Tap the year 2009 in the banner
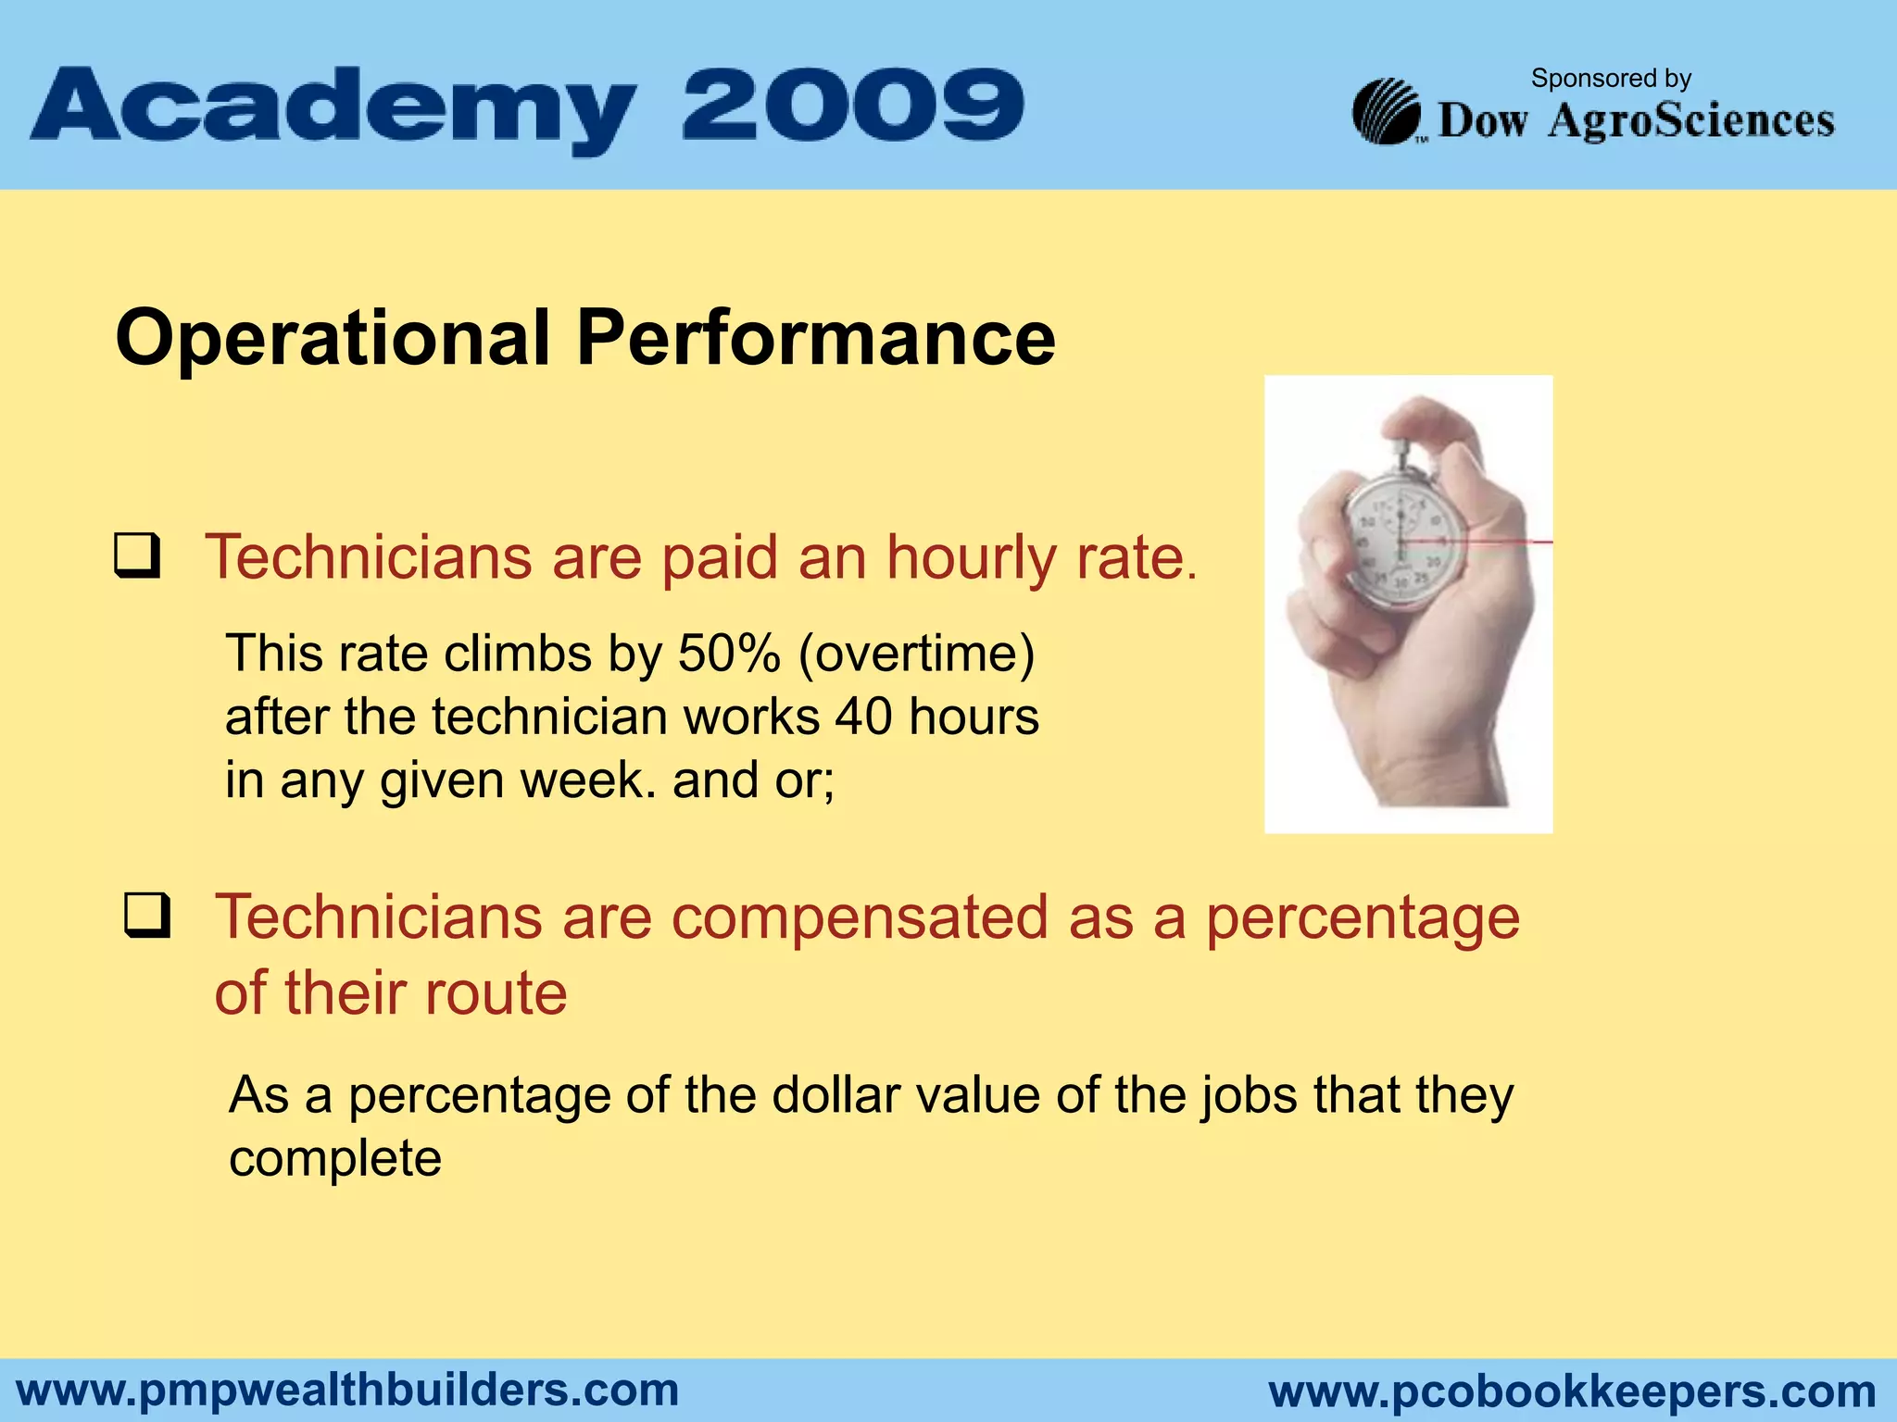[x=852, y=104]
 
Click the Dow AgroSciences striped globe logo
[x=1387, y=112]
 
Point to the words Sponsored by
[x=1611, y=79]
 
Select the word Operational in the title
[x=333, y=339]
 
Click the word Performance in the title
[x=815, y=339]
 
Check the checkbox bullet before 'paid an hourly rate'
[x=137, y=555]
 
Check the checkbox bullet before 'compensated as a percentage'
[x=147, y=915]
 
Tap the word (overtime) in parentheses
[x=916, y=654]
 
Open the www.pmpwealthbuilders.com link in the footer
[x=347, y=1391]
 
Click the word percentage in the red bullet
[x=1363, y=917]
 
